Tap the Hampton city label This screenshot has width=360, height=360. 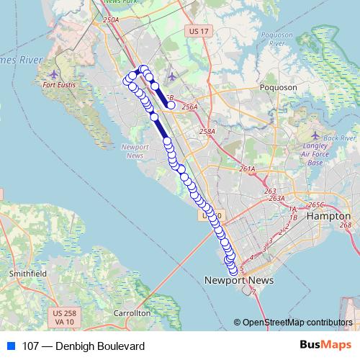(328, 215)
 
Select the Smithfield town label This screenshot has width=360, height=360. (27, 274)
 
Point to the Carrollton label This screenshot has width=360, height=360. (132, 313)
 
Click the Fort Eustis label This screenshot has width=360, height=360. (59, 86)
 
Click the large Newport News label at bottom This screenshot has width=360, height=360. (229, 280)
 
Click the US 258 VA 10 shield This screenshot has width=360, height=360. (65, 317)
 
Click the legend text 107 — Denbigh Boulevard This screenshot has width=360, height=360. (84, 346)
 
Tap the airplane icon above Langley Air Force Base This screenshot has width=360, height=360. (315, 135)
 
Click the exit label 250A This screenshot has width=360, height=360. (110, 20)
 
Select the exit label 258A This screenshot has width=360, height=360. (207, 132)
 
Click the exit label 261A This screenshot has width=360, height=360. (248, 169)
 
